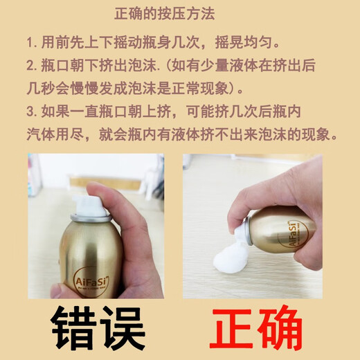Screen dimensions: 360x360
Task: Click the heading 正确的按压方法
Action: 165,14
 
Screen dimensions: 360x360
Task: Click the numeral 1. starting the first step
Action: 32,43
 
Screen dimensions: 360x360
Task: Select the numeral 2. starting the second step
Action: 32,66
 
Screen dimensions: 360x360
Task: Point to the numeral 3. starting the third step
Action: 32,111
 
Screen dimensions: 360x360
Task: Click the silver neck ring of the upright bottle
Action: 91,217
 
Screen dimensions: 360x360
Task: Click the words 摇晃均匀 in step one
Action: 244,43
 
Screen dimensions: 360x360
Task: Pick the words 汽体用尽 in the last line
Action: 55,134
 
